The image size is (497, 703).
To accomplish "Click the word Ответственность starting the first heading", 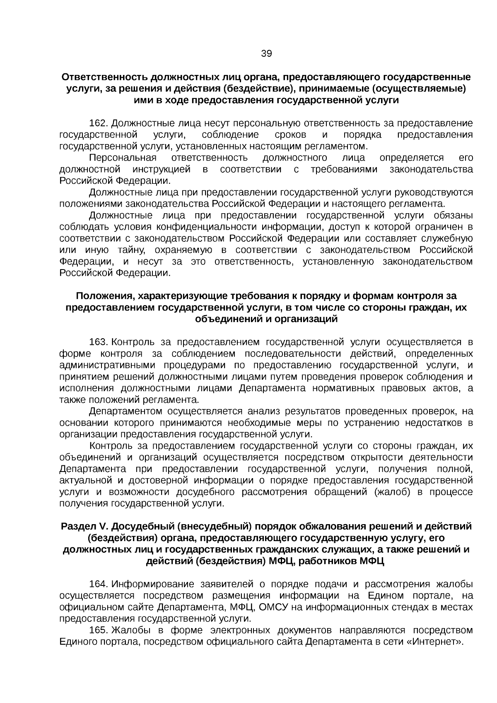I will click(104, 77).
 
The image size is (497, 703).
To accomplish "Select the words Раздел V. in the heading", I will click(84, 527).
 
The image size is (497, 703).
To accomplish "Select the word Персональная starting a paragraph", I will click(123, 158).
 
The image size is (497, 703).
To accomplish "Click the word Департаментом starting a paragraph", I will click(126, 412).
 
